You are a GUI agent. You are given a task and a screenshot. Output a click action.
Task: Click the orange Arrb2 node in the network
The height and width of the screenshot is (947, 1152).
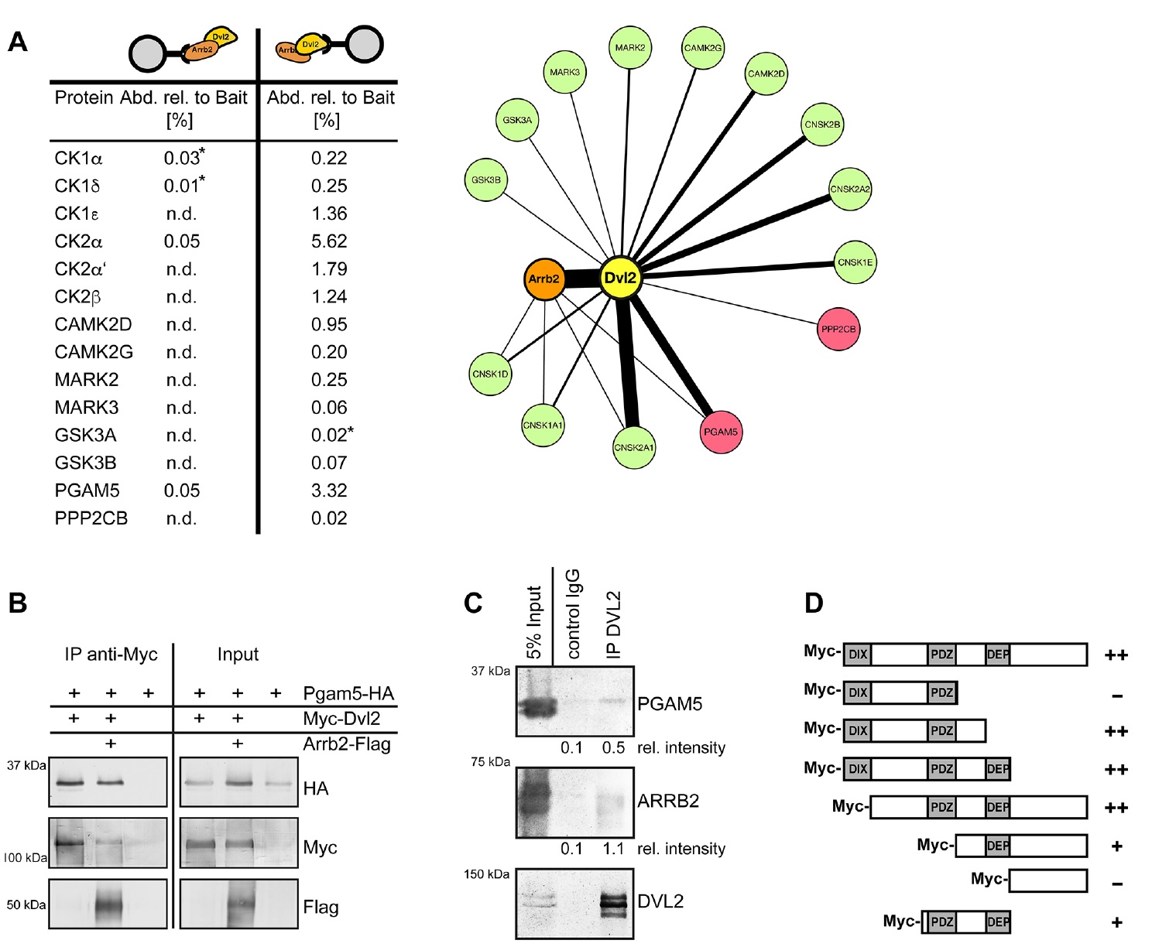543,279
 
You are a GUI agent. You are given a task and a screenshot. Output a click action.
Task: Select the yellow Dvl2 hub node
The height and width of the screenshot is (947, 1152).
621,278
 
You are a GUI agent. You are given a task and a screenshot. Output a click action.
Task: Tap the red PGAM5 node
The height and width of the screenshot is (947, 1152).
720,432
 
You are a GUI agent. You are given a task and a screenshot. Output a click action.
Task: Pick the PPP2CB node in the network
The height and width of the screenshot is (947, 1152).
838,329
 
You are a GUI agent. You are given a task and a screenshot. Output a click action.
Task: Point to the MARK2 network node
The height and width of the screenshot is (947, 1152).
629,48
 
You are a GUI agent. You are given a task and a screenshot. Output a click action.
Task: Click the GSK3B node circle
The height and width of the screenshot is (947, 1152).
486,179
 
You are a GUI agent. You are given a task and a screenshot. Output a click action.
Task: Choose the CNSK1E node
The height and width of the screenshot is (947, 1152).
855,262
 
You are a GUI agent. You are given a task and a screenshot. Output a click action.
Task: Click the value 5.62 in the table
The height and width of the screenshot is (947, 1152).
329,241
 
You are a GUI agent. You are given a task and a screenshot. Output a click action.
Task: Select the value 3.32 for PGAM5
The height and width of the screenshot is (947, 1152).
329,491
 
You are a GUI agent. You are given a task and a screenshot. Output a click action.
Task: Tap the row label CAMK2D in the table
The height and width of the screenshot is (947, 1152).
93,324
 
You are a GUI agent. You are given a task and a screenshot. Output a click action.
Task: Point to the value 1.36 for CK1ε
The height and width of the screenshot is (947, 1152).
329,214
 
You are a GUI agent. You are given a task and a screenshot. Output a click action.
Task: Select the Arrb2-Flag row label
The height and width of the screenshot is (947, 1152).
346,744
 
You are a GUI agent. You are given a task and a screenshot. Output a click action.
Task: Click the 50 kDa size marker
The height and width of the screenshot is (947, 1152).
26,904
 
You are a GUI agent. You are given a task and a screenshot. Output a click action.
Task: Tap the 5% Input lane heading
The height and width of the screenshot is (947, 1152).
534,622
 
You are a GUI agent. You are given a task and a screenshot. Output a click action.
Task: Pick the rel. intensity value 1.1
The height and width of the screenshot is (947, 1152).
613,849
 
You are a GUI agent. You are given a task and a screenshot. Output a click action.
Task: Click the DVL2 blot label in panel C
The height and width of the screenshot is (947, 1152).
660,901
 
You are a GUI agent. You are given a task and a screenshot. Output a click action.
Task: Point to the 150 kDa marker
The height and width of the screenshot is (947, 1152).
486,874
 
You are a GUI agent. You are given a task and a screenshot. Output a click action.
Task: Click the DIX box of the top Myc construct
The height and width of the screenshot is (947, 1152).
858,655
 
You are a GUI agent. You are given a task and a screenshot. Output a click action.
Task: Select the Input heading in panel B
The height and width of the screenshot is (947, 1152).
238,655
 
